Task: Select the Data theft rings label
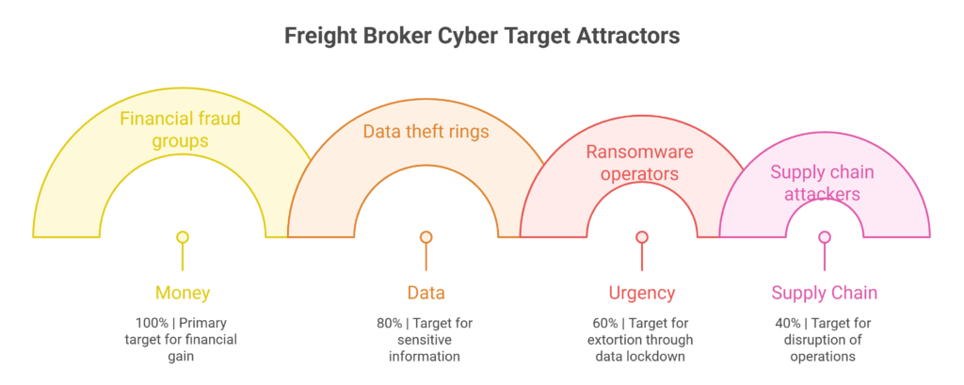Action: [x=426, y=131]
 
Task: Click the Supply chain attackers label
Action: [x=825, y=183]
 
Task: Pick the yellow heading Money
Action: [x=182, y=293]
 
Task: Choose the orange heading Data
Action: [x=426, y=293]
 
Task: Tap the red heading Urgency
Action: [x=642, y=293]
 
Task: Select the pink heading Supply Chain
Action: [x=825, y=293]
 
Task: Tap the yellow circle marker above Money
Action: [x=182, y=237]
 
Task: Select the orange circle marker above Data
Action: [x=426, y=237]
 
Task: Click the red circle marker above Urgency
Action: [x=642, y=237]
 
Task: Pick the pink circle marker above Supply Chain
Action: [x=825, y=237]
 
